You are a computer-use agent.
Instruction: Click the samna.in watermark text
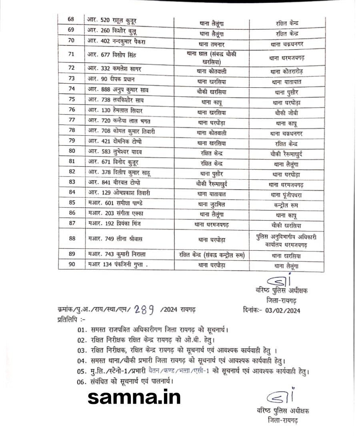[x=134, y=397]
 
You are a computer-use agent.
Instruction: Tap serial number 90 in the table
[x=72, y=265]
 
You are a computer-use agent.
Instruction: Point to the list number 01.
[x=82, y=331]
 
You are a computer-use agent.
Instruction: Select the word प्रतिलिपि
[x=69, y=320]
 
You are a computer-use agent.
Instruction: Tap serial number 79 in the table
[x=72, y=143]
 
